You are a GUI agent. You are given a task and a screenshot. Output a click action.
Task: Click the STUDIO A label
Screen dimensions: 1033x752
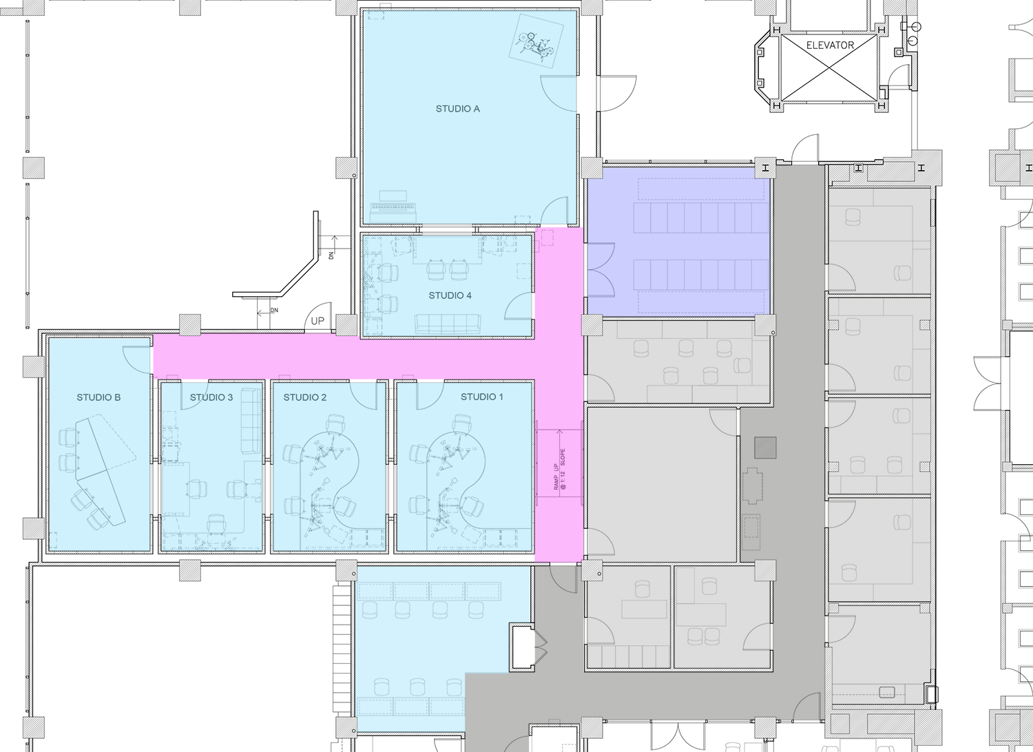click(457, 109)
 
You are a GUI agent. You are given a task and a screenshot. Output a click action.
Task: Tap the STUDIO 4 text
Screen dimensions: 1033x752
click(450, 295)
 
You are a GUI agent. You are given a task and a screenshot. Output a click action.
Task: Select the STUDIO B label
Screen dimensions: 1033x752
click(98, 397)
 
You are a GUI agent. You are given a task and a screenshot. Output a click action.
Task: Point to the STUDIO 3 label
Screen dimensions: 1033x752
click(211, 397)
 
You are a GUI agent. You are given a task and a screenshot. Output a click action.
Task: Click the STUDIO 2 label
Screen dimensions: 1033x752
click(305, 397)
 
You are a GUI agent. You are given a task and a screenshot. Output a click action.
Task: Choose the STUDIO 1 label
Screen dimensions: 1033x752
click(482, 397)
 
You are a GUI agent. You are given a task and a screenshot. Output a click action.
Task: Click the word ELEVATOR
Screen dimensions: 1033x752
click(830, 45)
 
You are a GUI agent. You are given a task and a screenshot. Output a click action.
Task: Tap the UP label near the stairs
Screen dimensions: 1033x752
click(317, 321)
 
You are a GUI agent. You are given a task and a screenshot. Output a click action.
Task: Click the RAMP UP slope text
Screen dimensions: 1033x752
click(559, 469)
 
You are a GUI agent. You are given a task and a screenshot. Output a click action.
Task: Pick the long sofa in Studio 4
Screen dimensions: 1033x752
click(448, 324)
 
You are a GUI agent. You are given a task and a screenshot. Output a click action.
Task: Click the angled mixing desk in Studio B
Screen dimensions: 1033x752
click(101, 470)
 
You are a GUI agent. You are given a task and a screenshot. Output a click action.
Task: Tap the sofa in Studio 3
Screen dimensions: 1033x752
click(251, 421)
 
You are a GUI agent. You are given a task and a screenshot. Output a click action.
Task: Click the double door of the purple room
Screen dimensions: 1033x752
click(600, 270)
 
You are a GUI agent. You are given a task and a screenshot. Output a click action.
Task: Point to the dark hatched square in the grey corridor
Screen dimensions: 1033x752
click(765, 448)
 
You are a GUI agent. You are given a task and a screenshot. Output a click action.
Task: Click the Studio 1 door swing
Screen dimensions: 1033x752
click(430, 395)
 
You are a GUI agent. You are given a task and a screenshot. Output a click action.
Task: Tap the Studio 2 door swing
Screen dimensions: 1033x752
click(364, 395)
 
